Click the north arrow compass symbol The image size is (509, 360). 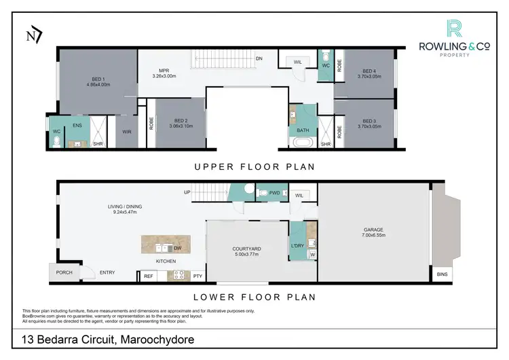pyautogui.click(x=34, y=35)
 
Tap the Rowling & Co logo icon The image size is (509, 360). pyautogui.click(x=454, y=29)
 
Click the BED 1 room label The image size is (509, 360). pyautogui.click(x=98, y=79)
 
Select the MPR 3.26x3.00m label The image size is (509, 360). pyautogui.click(x=164, y=73)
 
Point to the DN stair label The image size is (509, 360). pyautogui.click(x=259, y=58)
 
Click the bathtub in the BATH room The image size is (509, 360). pyautogui.click(x=303, y=142)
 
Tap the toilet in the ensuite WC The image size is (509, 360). pyautogui.click(x=56, y=142)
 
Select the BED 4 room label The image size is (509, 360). pyautogui.click(x=369, y=71)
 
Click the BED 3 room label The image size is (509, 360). pyautogui.click(x=369, y=121)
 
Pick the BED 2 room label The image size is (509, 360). pyautogui.click(x=181, y=120)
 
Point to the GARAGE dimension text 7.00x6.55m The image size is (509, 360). pyautogui.click(x=374, y=235)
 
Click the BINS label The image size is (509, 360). pyautogui.click(x=442, y=274)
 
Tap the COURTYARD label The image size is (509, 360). pyautogui.click(x=247, y=249)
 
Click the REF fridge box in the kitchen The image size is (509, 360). pyautogui.click(x=149, y=276)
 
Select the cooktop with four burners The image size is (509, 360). pyautogui.click(x=179, y=276)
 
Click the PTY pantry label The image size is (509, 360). pyautogui.click(x=197, y=276)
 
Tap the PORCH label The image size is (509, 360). pyautogui.click(x=64, y=272)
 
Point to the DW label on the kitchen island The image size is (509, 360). pyautogui.click(x=178, y=248)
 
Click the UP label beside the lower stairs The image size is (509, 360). pyautogui.click(x=187, y=192)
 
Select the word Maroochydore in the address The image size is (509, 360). pyautogui.click(x=157, y=340)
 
